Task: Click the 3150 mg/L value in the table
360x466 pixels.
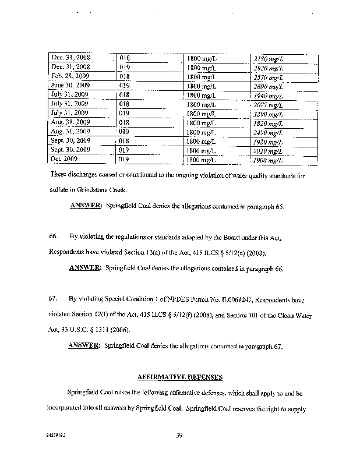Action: tap(269, 59)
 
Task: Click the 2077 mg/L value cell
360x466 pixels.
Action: tap(269, 104)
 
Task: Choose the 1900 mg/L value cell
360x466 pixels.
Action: tap(269, 160)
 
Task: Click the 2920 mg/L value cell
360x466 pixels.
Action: tap(269, 68)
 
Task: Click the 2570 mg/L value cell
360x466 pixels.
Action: tap(269, 77)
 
